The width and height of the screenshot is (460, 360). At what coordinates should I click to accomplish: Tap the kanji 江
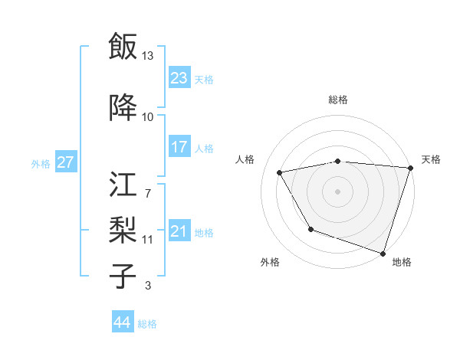pos(123,186)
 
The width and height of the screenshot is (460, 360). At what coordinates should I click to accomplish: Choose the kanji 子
pos(123,276)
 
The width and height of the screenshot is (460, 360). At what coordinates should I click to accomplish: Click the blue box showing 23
pos(179,77)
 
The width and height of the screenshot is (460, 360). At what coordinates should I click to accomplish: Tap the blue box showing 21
pos(179,231)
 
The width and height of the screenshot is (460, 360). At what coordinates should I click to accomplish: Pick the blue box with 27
pos(65,162)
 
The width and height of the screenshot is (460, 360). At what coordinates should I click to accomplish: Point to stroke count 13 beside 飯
pos(148,55)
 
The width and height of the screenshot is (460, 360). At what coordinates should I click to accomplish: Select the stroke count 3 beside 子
pos(147,286)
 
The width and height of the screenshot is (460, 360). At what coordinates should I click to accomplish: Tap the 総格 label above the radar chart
pos(338,100)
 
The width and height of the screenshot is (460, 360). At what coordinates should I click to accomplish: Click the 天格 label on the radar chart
pos(431,159)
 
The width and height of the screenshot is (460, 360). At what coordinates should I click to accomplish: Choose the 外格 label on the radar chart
pos(270,262)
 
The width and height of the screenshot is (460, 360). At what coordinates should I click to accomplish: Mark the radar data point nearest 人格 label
pos(280,173)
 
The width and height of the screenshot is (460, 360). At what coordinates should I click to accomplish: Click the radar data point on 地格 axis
pos(383,253)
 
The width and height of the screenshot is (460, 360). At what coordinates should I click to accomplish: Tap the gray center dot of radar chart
pos(338,191)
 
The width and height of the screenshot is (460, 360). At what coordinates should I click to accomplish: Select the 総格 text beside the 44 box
pos(147,324)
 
